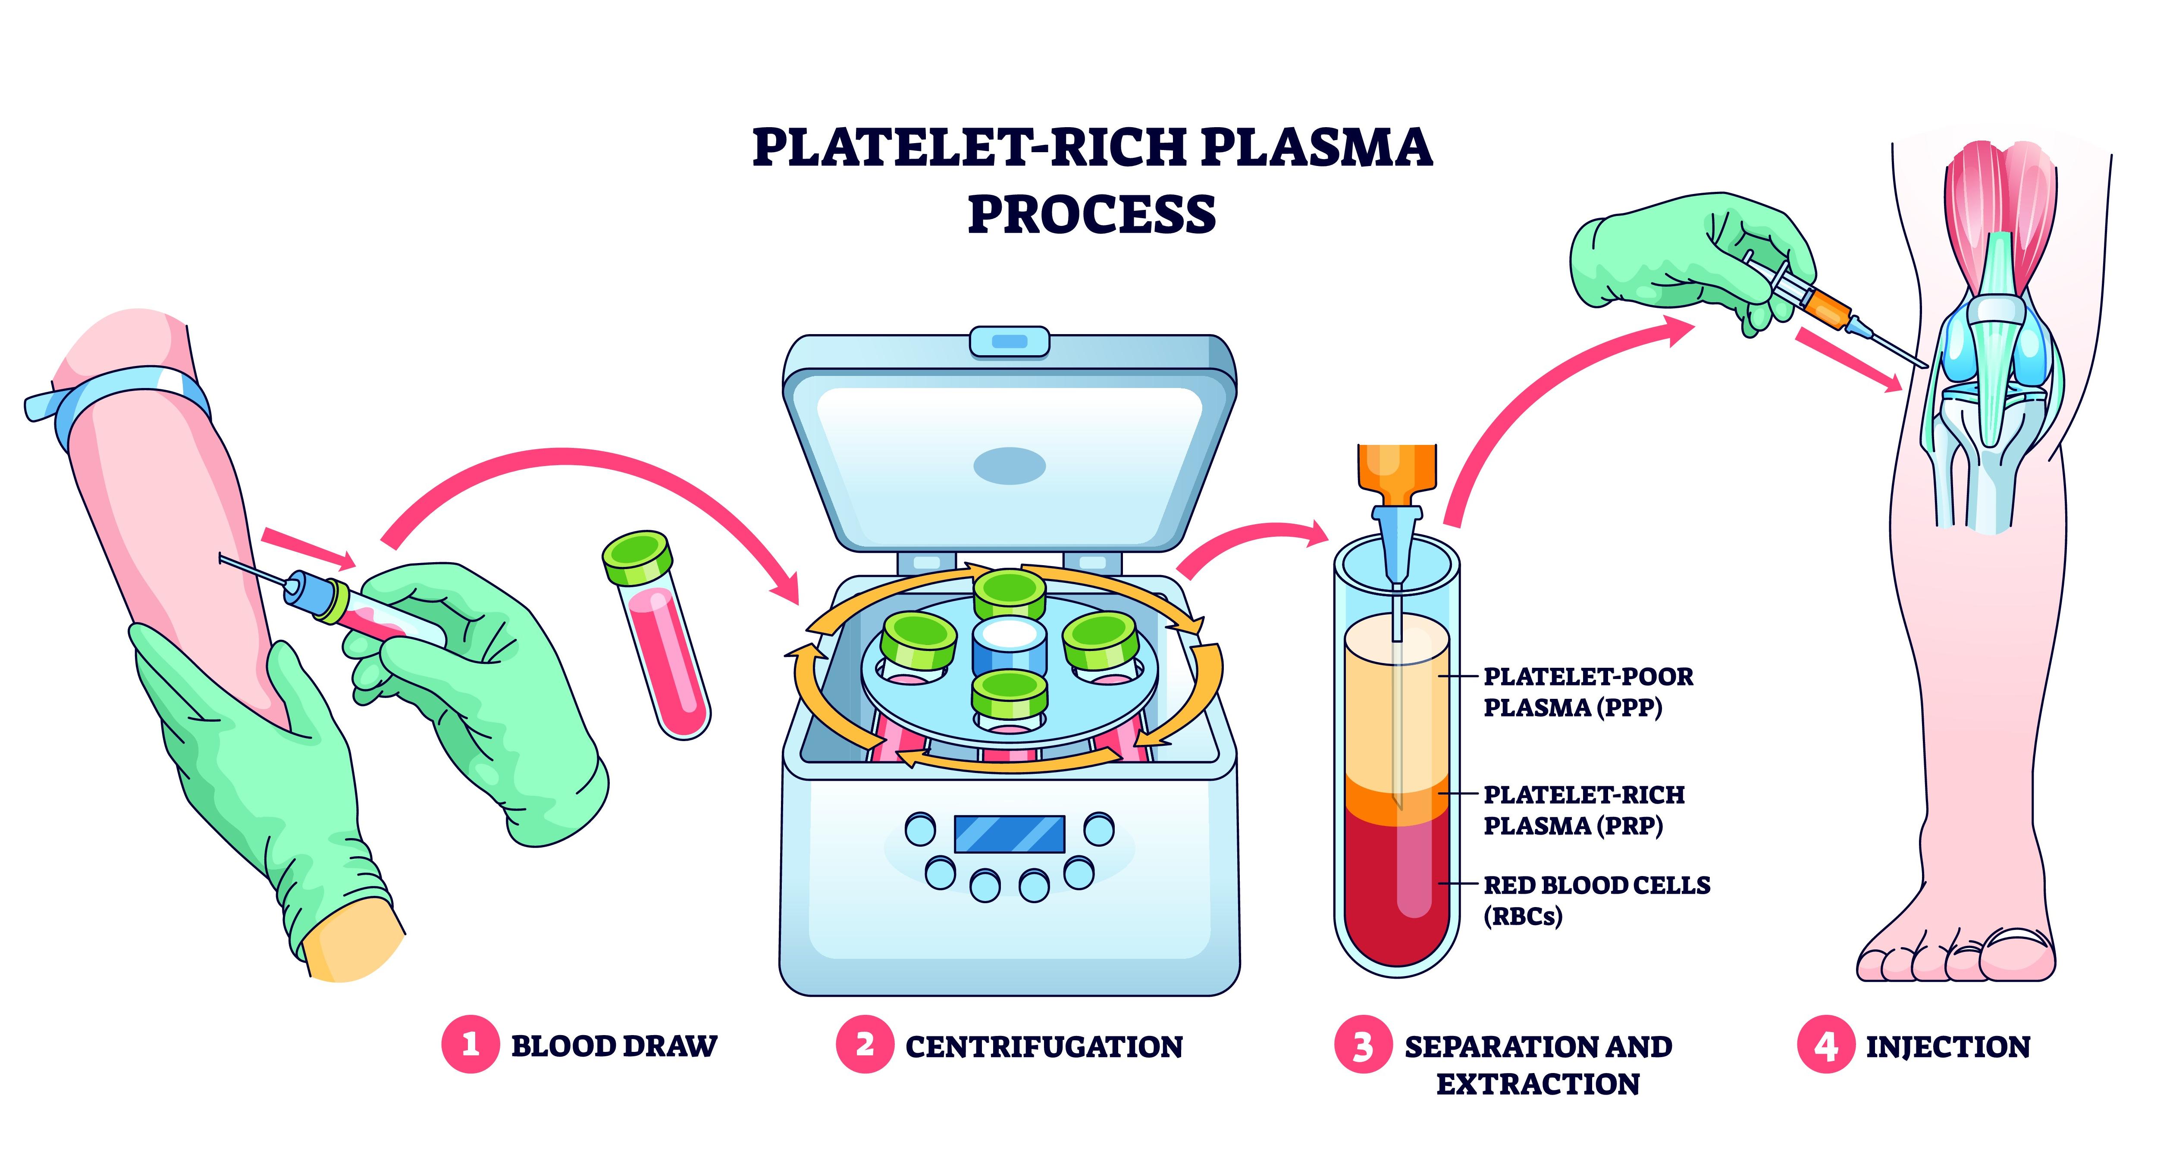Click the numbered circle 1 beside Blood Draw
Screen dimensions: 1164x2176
[470, 1045]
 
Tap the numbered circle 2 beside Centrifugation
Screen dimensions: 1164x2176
[864, 1045]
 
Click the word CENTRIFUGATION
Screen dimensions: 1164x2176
[1043, 1047]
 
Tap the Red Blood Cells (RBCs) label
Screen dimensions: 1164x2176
[1596, 900]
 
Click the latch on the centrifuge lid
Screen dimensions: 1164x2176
[1010, 341]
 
